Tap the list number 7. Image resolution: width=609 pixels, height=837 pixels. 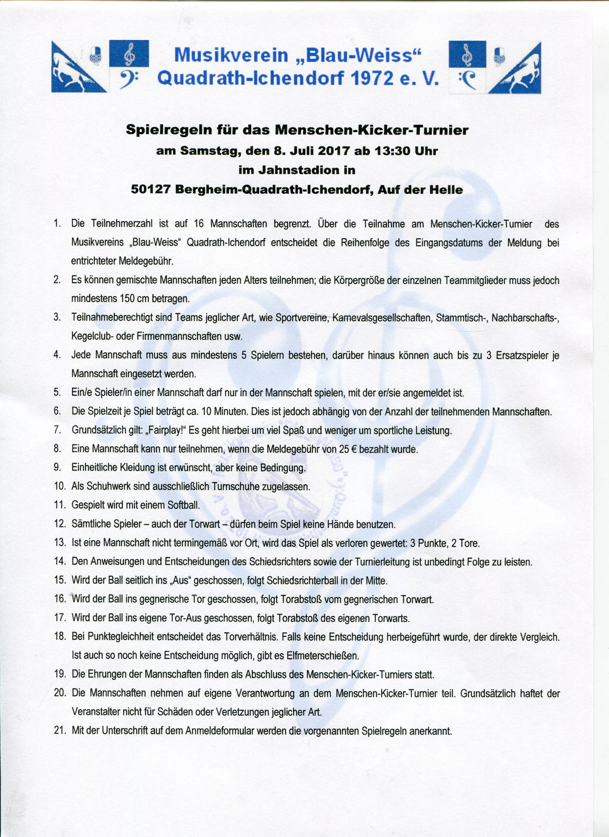57,430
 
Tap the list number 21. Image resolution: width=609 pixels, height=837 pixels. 59,731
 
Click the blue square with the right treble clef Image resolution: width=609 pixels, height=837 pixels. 467,54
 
